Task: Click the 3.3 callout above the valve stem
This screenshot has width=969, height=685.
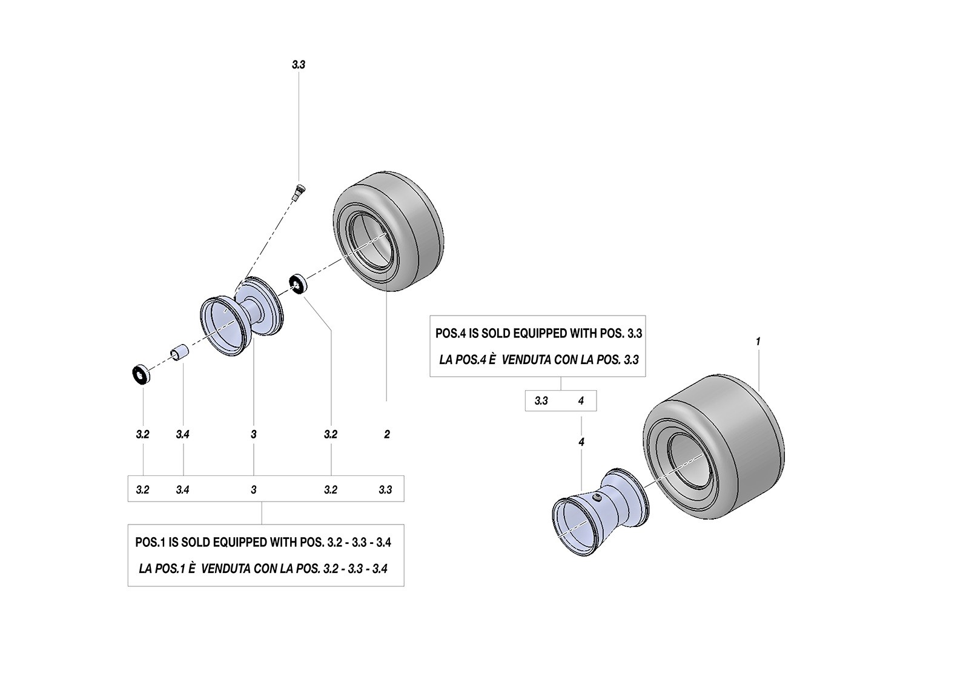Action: click(x=299, y=65)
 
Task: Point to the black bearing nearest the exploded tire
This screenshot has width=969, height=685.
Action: click(x=297, y=284)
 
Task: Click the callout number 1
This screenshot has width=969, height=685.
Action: click(x=758, y=342)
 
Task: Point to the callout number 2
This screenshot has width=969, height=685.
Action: click(x=387, y=434)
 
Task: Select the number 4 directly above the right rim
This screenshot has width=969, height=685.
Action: click(x=581, y=442)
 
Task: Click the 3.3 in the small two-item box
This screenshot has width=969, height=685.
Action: click(x=541, y=401)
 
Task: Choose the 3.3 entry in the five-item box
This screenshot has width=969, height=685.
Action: click(x=385, y=489)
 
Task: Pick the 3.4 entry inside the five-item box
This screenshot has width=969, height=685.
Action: click(x=182, y=489)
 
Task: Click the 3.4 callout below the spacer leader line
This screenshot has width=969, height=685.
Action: click(x=182, y=434)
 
